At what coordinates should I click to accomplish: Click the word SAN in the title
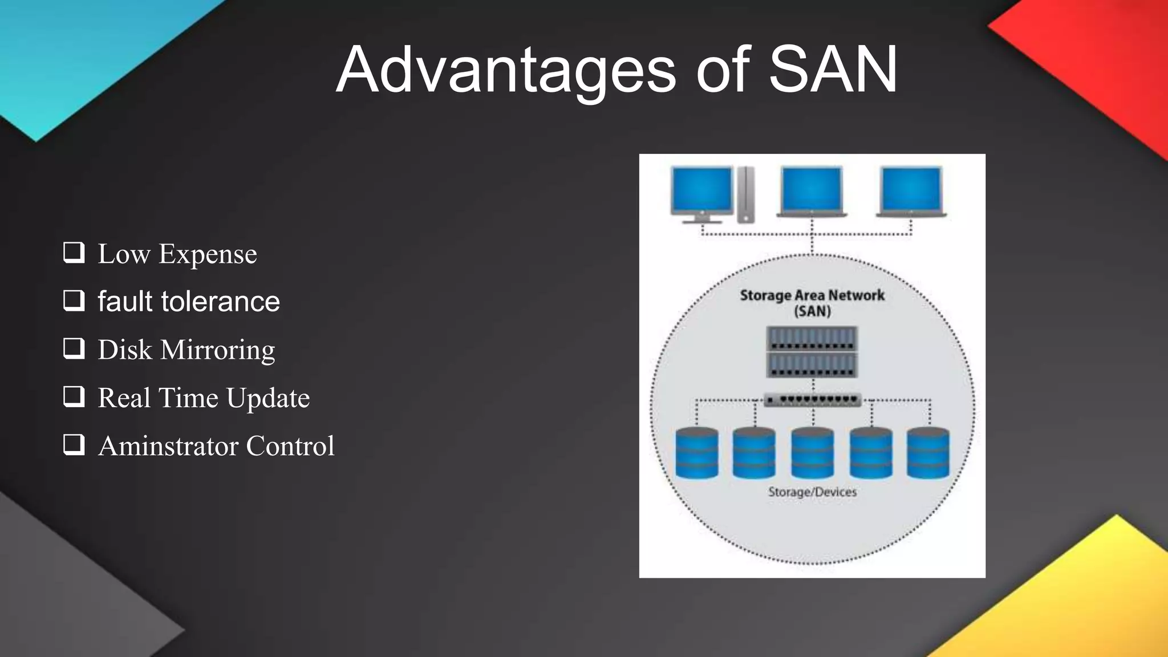point(833,70)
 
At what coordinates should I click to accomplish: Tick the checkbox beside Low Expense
point(74,252)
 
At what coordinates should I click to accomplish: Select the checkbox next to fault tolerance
point(74,300)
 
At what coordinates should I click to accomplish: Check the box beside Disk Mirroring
point(74,348)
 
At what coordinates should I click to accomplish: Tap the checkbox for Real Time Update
point(74,396)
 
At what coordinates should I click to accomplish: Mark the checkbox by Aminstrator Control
point(74,444)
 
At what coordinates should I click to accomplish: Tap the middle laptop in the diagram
point(812,192)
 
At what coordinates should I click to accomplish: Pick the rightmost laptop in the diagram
point(911,192)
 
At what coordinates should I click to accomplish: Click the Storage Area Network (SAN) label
point(812,303)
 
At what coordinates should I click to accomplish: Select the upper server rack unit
point(812,338)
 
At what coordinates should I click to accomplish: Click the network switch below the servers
point(812,400)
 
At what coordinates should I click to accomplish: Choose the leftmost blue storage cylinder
point(696,453)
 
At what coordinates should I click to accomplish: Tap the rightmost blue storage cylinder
point(928,453)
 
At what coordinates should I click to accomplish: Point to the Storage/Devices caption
point(812,492)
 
